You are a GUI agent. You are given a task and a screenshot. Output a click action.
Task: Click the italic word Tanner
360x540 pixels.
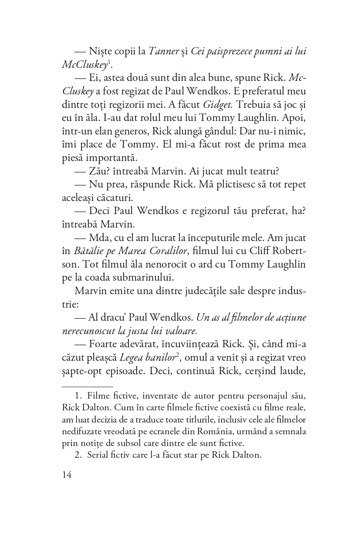(x=163, y=51)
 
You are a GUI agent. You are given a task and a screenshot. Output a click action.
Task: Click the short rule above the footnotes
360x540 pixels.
(x=87, y=386)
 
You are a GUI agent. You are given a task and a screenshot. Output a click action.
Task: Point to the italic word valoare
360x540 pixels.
(x=172, y=330)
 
